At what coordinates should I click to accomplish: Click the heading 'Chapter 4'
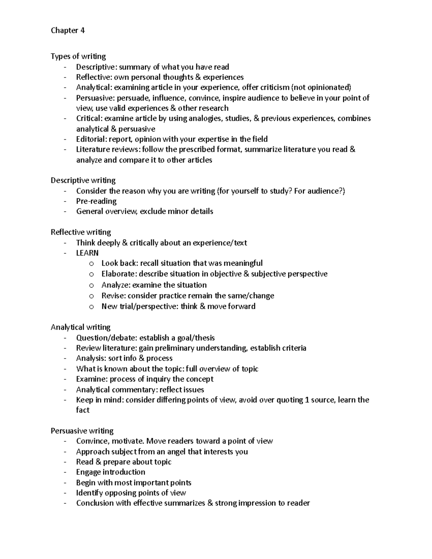pyautogui.click(x=68, y=31)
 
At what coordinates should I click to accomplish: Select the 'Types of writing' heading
pyautogui.click(x=78, y=57)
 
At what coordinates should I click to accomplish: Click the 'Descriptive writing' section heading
pyautogui.click(x=83, y=180)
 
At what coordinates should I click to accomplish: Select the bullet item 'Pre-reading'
pyautogui.click(x=96, y=201)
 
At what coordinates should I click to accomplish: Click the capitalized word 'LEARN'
pyautogui.click(x=87, y=253)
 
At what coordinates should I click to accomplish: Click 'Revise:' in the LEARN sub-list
pyautogui.click(x=113, y=296)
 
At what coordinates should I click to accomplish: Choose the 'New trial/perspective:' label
pyautogui.click(x=140, y=307)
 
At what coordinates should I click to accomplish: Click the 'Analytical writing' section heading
pyautogui.click(x=80, y=327)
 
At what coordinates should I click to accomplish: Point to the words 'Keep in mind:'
pyautogui.click(x=99, y=400)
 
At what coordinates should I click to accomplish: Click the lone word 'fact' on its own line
pyautogui.click(x=82, y=410)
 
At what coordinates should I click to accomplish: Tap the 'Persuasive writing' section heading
pyautogui.click(x=82, y=431)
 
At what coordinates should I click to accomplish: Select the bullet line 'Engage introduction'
pyautogui.click(x=111, y=472)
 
